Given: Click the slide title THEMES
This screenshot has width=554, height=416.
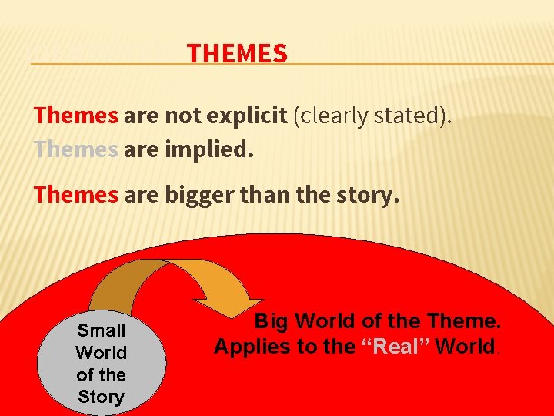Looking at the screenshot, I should pyautogui.click(x=237, y=54).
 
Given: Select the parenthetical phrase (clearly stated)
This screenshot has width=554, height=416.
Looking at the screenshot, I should pyautogui.click(x=372, y=116).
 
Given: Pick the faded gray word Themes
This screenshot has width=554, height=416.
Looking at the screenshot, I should pyautogui.click(x=76, y=149).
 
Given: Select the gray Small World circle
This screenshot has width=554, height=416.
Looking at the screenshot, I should pyautogui.click(x=102, y=362).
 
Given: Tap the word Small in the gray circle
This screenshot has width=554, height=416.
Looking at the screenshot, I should pyautogui.click(x=102, y=330).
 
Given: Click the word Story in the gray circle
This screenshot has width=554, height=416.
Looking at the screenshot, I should pyautogui.click(x=102, y=398).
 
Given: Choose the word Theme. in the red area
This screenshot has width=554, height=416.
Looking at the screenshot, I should pyautogui.click(x=463, y=320).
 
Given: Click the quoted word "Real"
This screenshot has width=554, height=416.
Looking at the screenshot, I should pyautogui.click(x=395, y=347).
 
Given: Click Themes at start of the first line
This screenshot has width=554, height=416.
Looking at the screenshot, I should pyautogui.click(x=76, y=116).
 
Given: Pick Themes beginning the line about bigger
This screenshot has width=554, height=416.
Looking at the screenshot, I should pyautogui.click(x=76, y=196).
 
